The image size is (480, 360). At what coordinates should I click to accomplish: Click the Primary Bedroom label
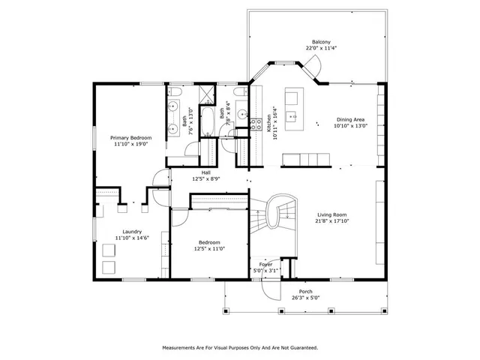click(x=131, y=138)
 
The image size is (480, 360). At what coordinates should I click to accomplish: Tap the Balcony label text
click(x=321, y=42)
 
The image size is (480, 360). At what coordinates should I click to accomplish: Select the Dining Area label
click(x=350, y=120)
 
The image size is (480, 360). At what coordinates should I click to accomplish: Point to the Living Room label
click(x=332, y=214)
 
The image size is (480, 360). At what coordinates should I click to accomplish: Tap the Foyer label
click(x=266, y=265)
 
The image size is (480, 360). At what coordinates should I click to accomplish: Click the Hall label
click(x=205, y=172)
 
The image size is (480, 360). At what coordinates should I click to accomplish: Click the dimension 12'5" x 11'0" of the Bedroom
click(x=209, y=248)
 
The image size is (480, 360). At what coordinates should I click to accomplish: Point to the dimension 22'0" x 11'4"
click(x=321, y=49)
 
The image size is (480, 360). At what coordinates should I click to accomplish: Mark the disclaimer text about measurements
click(x=240, y=347)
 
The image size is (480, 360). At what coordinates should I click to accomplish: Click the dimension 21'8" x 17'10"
click(x=332, y=221)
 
